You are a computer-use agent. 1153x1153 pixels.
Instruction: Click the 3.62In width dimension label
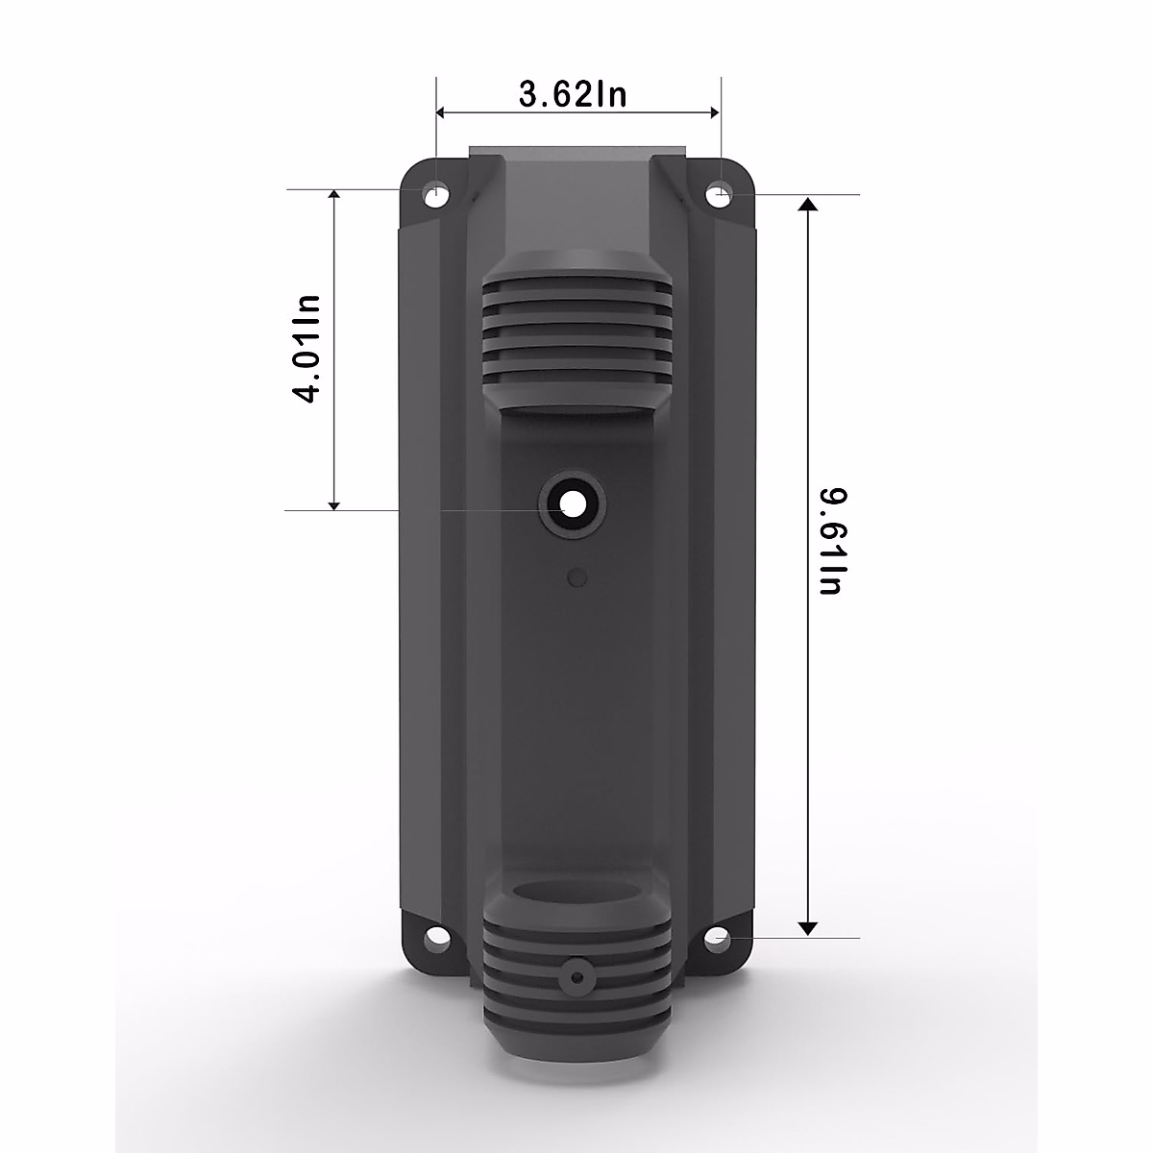click(x=573, y=94)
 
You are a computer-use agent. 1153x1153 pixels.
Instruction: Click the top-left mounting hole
click(x=437, y=194)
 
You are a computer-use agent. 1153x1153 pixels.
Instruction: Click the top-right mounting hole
click(x=719, y=195)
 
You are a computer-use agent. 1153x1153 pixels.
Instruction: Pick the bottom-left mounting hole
click(x=437, y=934)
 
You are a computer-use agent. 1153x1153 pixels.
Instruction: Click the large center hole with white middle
click(x=574, y=503)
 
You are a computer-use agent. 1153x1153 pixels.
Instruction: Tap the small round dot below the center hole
click(x=576, y=577)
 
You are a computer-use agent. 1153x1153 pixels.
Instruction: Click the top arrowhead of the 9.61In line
click(x=808, y=204)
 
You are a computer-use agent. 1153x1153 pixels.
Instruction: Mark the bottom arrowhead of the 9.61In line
click(x=808, y=926)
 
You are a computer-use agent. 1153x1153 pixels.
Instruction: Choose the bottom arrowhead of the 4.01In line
click(x=334, y=502)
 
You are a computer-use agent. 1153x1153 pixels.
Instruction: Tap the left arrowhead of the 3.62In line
click(x=443, y=113)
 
